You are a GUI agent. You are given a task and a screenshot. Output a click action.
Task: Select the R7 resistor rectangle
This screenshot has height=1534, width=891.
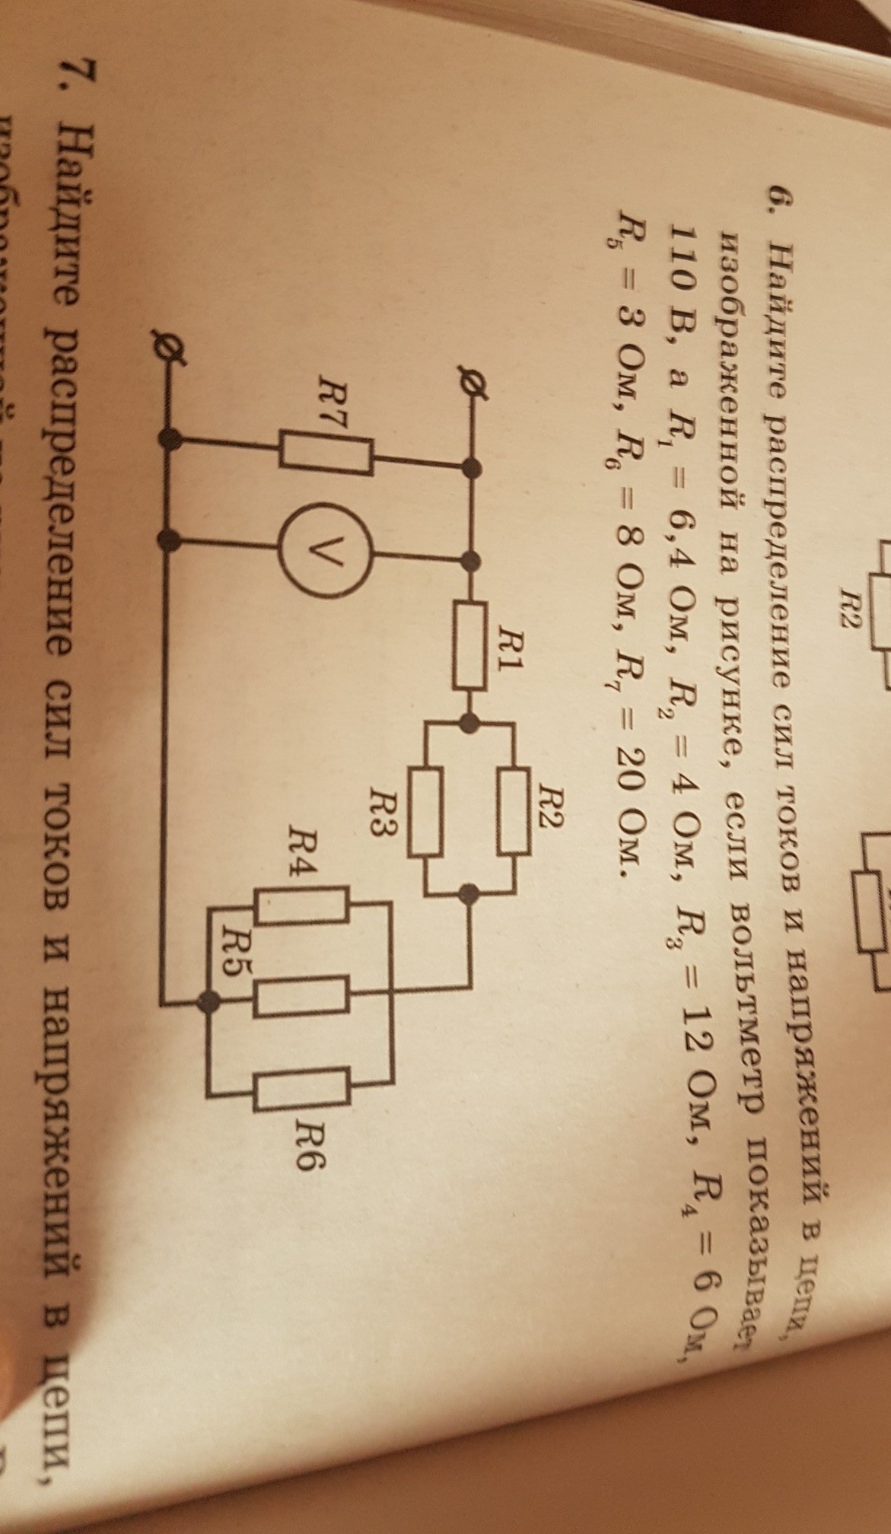point(326,453)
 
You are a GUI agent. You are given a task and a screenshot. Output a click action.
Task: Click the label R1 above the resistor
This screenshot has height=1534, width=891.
point(519,645)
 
